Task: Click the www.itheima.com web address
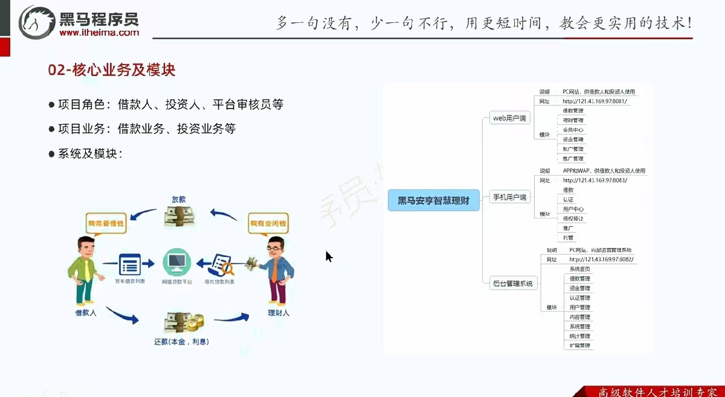pyautogui.click(x=99, y=33)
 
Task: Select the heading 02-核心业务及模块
pyautogui.click(x=112, y=70)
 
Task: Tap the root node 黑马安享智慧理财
pyautogui.click(x=433, y=200)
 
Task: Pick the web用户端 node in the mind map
pyautogui.click(x=510, y=118)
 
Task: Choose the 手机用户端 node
pyautogui.click(x=509, y=197)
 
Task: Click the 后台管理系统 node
pyautogui.click(x=512, y=283)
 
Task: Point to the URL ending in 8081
pyautogui.click(x=596, y=101)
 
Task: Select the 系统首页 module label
pyautogui.click(x=580, y=268)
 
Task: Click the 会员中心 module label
pyautogui.click(x=573, y=130)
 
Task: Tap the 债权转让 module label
pyautogui.click(x=573, y=218)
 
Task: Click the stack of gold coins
pyautogui.click(x=195, y=324)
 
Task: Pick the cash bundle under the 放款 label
pyautogui.click(x=180, y=216)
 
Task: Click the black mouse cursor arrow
pyautogui.click(x=329, y=256)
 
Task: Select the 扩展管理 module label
pyautogui.click(x=580, y=346)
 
